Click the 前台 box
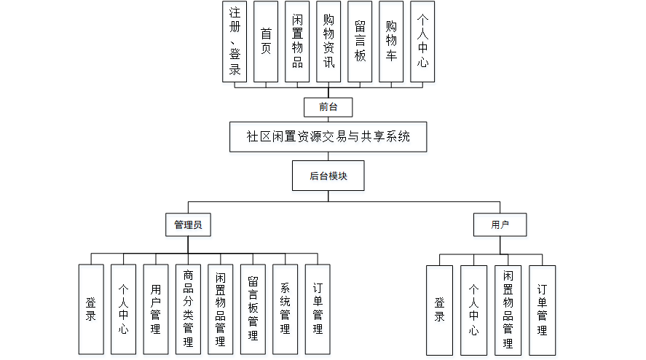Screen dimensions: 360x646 click(328, 108)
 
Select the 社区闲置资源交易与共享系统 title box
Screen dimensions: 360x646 click(328, 136)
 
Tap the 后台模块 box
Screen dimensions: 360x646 click(328, 176)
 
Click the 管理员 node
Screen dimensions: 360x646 click(188, 225)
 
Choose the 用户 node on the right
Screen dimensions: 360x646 click(500, 225)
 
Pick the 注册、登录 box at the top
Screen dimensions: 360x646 click(235, 42)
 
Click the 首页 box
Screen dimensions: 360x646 click(266, 42)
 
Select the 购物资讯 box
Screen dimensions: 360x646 click(328, 42)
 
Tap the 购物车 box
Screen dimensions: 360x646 click(391, 42)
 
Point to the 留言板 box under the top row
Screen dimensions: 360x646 click(360, 42)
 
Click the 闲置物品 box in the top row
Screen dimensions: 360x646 click(297, 42)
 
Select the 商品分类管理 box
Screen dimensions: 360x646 click(188, 309)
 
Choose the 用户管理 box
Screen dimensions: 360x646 click(155, 309)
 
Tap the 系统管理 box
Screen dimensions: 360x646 click(285, 309)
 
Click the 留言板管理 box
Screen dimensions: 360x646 click(253, 309)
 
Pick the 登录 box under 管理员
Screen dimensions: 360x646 click(91, 309)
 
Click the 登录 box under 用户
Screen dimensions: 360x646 click(439, 310)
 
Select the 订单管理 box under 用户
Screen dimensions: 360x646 click(542, 310)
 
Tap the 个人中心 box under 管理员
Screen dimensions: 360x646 click(123, 309)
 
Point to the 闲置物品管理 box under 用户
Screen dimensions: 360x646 click(508, 310)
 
